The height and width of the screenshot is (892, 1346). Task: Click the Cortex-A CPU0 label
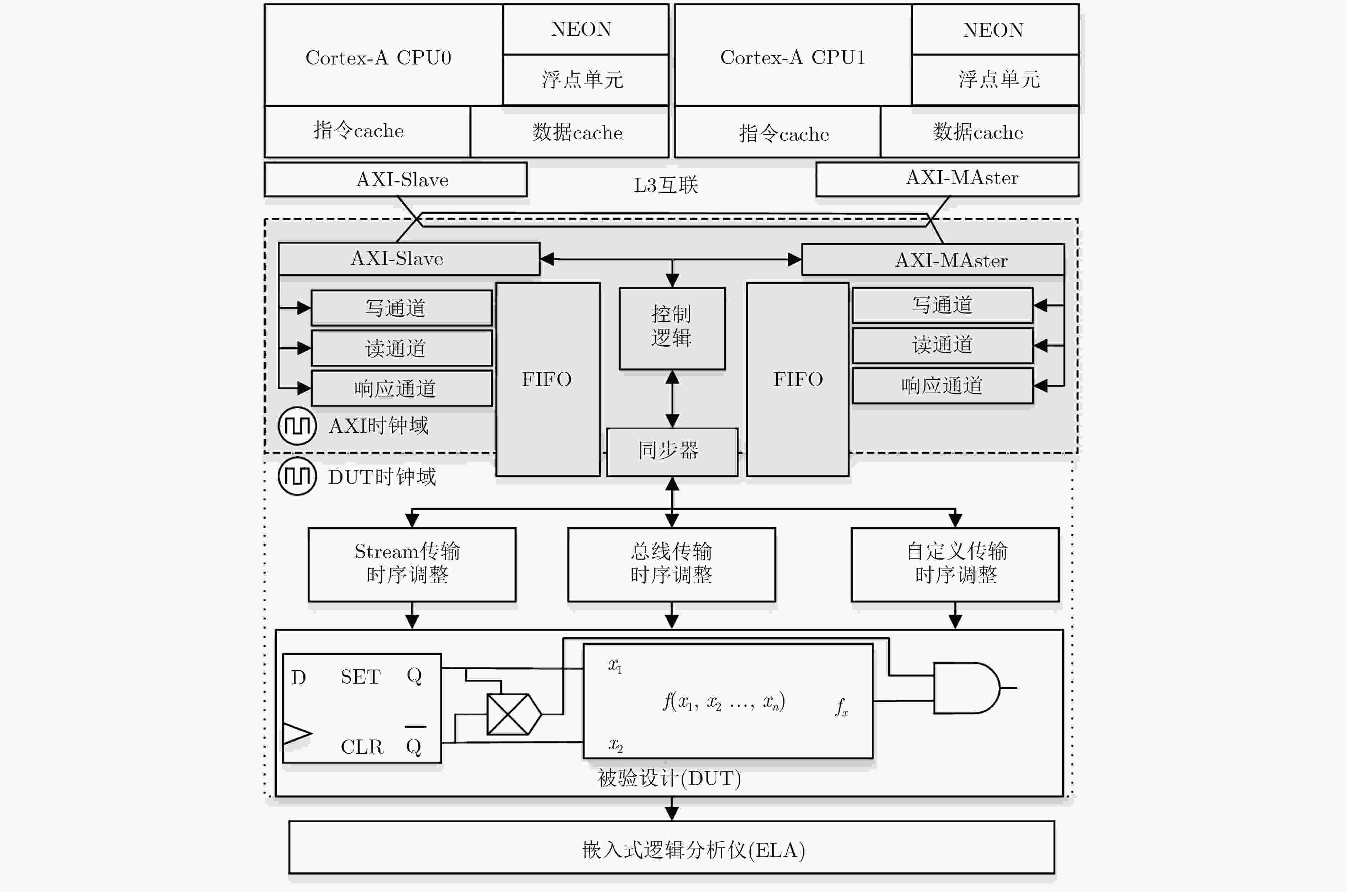click(378, 57)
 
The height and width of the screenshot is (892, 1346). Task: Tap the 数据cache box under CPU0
click(569, 132)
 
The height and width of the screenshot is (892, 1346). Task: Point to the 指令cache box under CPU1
click(777, 132)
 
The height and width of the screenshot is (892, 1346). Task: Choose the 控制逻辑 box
click(672, 328)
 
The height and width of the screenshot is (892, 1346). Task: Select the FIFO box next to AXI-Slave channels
click(548, 379)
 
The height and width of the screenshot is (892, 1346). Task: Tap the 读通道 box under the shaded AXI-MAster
click(942, 345)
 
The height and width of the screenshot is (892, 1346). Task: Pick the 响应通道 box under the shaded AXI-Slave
click(401, 389)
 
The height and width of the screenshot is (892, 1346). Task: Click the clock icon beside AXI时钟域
click(297, 426)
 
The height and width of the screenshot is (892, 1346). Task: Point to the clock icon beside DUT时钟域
click(297, 476)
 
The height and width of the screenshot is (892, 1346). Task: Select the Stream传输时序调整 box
click(412, 564)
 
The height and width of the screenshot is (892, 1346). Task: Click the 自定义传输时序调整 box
click(955, 564)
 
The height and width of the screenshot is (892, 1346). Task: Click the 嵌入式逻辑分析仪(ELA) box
click(672, 847)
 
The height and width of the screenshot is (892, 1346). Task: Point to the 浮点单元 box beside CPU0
click(586, 80)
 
